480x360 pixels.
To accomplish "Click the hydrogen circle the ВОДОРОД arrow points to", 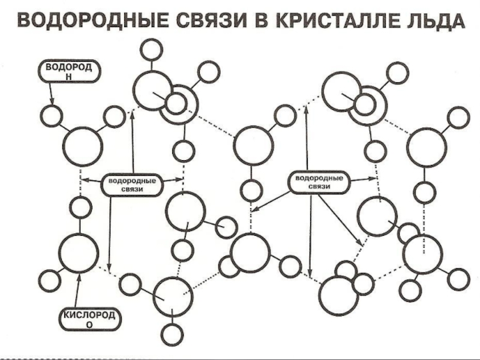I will (52, 115).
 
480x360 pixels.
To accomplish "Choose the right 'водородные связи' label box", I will (319, 182).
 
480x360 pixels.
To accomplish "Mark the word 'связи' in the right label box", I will (319, 187).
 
